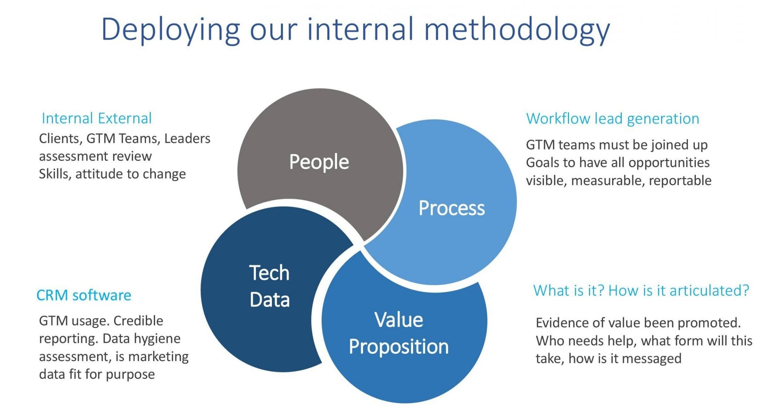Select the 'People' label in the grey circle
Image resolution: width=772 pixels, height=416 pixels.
319,162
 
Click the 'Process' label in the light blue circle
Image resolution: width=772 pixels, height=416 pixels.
451,208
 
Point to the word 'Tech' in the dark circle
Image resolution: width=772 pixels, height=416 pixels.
269,273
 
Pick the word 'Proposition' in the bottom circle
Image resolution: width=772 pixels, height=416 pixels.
399,346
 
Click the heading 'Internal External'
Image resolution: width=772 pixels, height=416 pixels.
97,118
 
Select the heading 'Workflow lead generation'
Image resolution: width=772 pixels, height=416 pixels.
612,119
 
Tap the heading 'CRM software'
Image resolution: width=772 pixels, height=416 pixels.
84,295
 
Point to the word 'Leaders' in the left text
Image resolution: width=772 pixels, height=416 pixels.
187,138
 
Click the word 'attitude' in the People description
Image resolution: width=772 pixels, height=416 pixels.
99,174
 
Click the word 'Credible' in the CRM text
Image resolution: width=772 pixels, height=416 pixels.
138,321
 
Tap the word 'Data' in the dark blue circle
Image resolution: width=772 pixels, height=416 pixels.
270,300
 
